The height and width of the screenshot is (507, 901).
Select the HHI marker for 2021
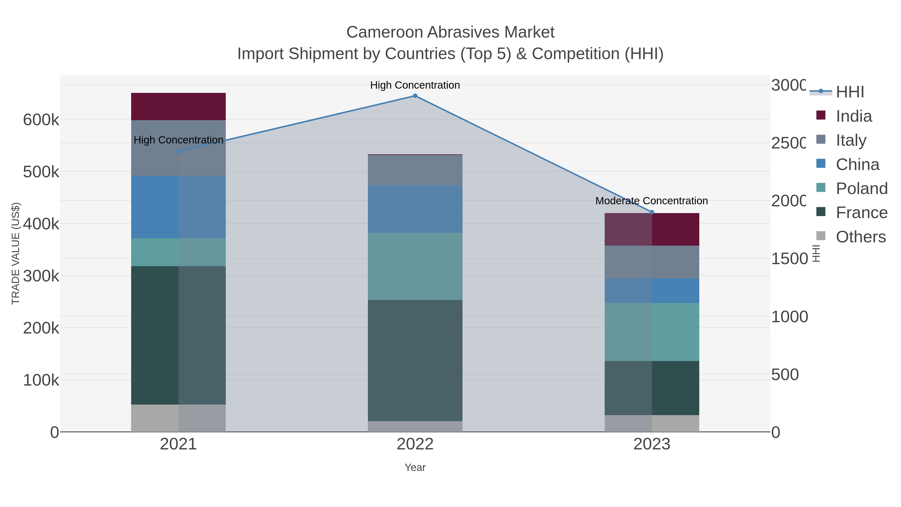[178, 151]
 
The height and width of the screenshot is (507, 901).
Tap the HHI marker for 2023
[652, 212]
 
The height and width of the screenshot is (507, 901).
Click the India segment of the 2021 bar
[178, 106]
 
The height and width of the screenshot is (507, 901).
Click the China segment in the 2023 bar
[652, 291]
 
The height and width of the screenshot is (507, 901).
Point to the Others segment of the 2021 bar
[178, 418]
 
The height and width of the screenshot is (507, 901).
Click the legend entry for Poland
[861, 189]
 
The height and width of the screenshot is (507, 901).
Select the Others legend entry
[860, 237]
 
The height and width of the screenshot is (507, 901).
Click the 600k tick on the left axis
[41, 120]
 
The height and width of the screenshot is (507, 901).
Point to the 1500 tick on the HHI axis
[789, 259]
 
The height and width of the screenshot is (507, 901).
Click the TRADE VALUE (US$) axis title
[16, 253]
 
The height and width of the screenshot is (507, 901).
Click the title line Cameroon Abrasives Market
[450, 32]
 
